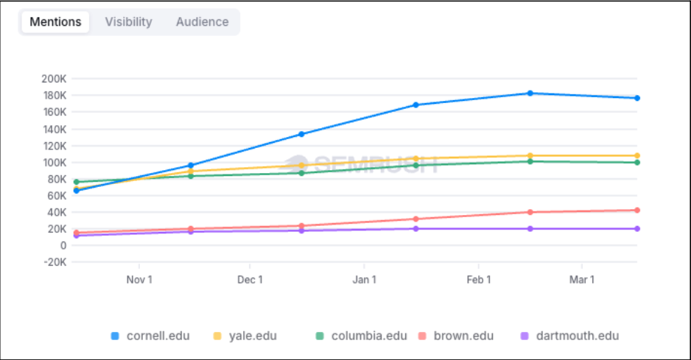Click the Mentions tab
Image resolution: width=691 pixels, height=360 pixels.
click(x=55, y=22)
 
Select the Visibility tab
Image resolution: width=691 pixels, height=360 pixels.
click(x=128, y=22)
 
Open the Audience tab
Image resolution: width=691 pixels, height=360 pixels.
click(x=202, y=22)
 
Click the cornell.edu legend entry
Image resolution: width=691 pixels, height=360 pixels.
click(x=151, y=336)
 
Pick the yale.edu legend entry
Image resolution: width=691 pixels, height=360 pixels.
click(x=246, y=336)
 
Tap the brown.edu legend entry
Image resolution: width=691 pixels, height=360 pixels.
click(x=457, y=336)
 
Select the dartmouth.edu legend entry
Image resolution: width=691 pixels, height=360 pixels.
click(x=570, y=336)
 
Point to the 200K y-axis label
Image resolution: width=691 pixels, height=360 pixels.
click(x=54, y=79)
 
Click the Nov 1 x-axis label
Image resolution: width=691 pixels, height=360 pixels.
click(x=139, y=280)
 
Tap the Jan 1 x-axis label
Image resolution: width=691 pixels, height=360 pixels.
click(x=364, y=280)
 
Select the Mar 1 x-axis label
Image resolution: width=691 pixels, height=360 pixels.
click(x=582, y=280)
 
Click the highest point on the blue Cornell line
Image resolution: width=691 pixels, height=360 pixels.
click(x=530, y=93)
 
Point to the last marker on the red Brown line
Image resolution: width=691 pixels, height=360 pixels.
click(x=636, y=211)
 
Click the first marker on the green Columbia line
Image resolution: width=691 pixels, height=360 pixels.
click(x=77, y=182)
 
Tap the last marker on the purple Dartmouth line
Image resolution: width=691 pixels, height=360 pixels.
click(x=636, y=229)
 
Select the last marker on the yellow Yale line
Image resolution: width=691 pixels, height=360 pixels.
click(x=636, y=155)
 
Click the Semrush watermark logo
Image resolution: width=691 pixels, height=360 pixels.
click(x=361, y=163)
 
